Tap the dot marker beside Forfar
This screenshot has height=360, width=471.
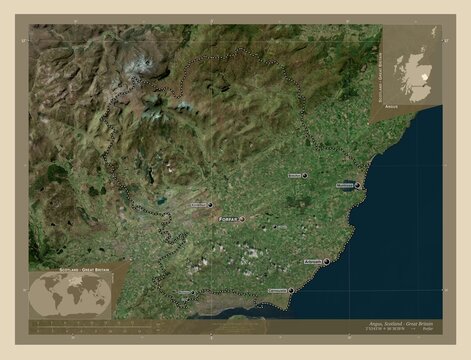pyautogui.click(x=242, y=216)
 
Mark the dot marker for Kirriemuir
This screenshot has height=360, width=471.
pyautogui.click(x=211, y=204)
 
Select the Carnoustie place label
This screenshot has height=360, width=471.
pyautogui.click(x=274, y=292)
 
